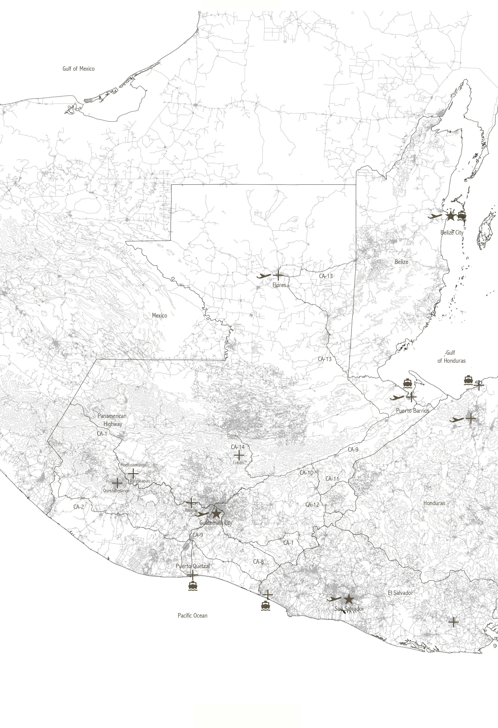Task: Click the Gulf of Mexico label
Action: [x=78, y=69]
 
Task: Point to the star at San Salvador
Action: [x=349, y=599]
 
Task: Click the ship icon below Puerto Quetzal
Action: [x=193, y=585]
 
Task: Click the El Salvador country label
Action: [x=400, y=593]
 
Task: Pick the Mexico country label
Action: [x=160, y=316]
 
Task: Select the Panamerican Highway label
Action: [x=112, y=420]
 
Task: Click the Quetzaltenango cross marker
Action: [x=117, y=483]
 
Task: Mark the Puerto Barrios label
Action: [x=412, y=411]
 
